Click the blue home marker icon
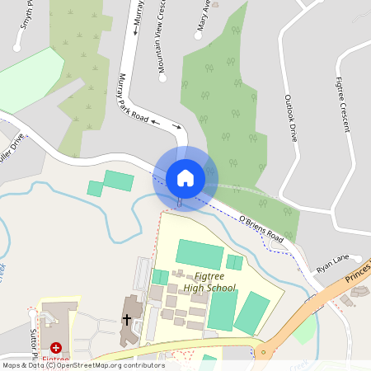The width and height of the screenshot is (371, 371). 185,177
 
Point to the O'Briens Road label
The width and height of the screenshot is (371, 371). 261,229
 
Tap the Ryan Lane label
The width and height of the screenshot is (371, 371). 332,264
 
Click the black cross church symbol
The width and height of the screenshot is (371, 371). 127,318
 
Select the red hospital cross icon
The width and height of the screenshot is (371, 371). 56,349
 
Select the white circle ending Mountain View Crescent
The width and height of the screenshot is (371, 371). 162,78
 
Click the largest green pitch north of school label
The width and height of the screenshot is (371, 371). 199,254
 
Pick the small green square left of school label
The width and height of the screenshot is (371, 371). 160,277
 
